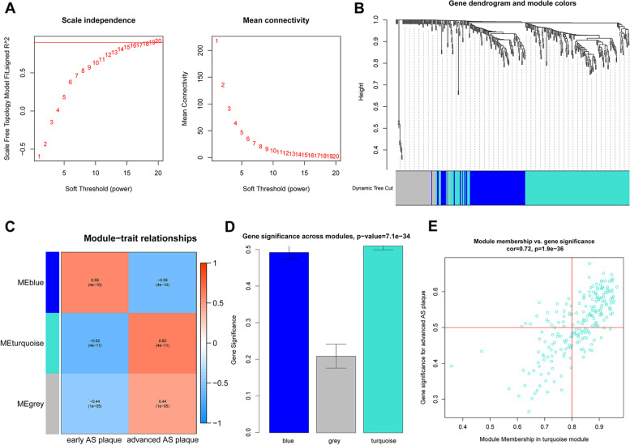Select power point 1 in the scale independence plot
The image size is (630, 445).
coord(39,155)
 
